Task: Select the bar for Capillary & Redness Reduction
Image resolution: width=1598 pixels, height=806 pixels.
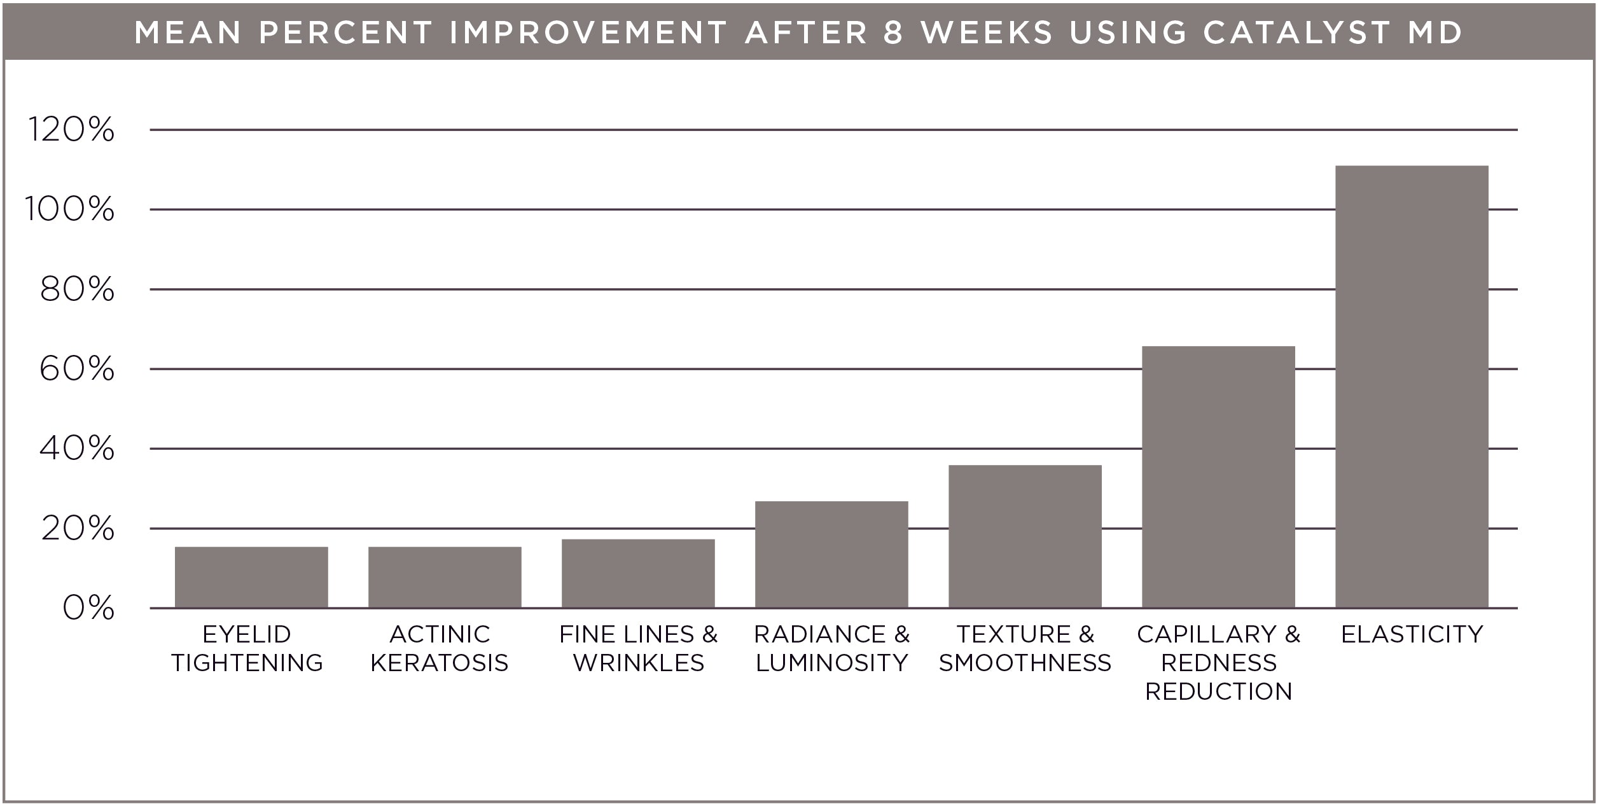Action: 1218,476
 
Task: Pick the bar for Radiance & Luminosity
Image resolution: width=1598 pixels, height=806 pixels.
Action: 831,554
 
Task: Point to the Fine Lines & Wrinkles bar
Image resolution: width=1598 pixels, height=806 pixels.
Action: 637,573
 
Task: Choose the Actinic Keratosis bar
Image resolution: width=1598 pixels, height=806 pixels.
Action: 444,577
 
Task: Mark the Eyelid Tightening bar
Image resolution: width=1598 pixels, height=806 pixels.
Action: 251,577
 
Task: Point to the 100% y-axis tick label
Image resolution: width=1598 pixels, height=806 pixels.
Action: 70,209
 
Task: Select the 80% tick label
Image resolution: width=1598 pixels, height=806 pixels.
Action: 77,289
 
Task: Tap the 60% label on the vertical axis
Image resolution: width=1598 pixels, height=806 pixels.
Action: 77,369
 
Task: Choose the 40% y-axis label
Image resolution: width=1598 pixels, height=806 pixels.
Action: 77,448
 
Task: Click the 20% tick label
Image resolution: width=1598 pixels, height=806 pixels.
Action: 78,529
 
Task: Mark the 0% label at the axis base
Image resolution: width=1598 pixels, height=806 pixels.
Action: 88,608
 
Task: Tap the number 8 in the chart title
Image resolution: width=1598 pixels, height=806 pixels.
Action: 893,32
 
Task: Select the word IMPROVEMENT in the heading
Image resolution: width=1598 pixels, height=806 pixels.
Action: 588,32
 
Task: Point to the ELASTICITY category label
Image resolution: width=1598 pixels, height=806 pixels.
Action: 1412,634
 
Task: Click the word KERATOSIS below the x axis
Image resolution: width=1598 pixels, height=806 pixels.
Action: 440,663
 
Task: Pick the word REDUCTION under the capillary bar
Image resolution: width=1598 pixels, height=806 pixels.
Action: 1218,691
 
